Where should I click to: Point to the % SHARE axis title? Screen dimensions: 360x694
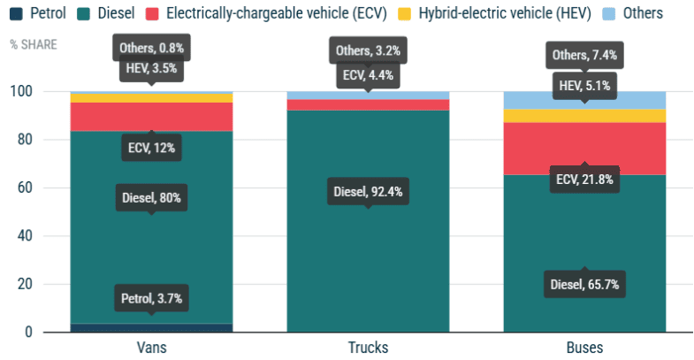click(34, 43)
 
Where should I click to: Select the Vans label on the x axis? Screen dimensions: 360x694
click(151, 348)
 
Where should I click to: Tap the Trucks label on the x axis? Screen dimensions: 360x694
click(368, 348)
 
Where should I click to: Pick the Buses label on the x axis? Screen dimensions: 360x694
click(584, 348)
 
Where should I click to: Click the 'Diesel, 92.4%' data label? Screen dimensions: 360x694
click(368, 191)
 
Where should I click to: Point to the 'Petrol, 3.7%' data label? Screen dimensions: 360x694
click(151, 298)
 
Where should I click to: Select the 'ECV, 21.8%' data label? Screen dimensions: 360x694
click(583, 179)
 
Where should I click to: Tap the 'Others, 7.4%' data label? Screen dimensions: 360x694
click(583, 56)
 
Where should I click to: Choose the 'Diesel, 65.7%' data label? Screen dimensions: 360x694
click(583, 284)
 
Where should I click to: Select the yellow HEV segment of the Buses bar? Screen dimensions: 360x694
click(584, 115)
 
